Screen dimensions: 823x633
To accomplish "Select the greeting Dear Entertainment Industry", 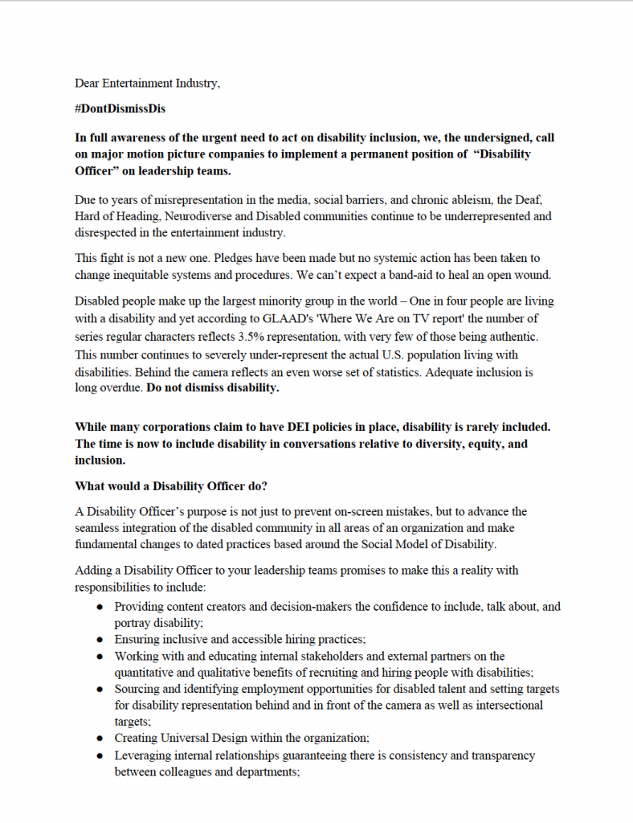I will point(147,83).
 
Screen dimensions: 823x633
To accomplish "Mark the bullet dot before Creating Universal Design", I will point(99,738).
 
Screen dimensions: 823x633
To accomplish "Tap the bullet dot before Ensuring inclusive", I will point(99,640).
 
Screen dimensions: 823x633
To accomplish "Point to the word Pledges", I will point(242,258).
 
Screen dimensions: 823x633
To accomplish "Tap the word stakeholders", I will point(317,656).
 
